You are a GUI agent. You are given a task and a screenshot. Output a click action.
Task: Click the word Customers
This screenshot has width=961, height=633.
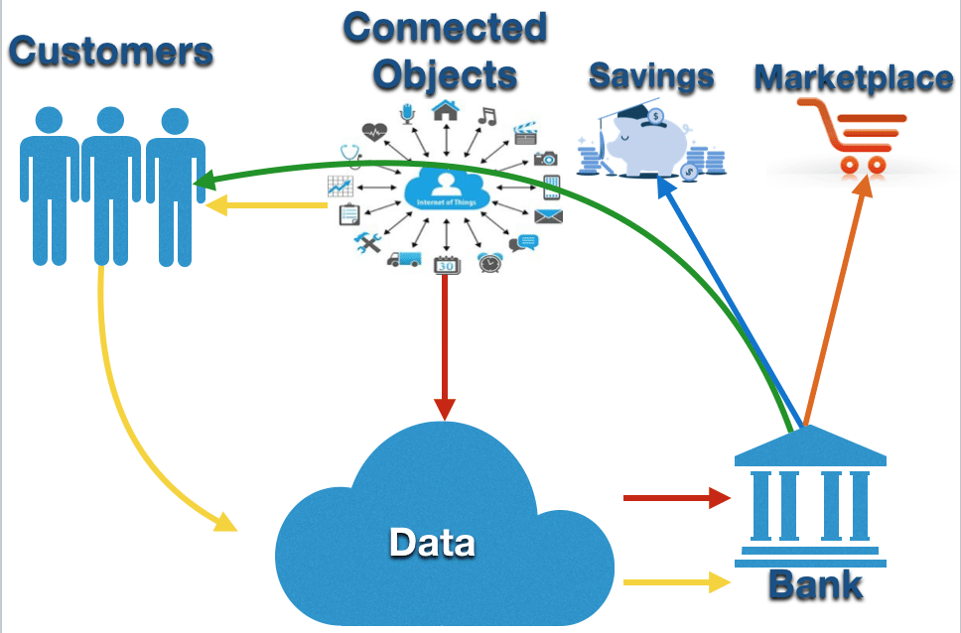(111, 51)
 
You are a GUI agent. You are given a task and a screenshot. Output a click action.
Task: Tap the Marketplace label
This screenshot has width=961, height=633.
(853, 78)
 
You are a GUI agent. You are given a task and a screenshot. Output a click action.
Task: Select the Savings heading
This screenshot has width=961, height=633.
(650, 76)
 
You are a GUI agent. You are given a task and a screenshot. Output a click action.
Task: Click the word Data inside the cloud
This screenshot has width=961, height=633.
(431, 543)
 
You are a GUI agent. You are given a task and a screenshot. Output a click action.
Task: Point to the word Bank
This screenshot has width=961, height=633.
(815, 585)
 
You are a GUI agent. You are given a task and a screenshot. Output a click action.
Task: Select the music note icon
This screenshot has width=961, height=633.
(486, 115)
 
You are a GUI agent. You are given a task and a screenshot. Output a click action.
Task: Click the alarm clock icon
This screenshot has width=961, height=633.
(488, 262)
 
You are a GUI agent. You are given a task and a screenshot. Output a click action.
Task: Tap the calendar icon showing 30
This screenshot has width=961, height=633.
(446, 264)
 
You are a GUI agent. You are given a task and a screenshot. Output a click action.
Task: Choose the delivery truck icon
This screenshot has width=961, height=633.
(403, 259)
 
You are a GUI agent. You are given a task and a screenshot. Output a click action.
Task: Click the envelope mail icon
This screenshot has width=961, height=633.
(548, 216)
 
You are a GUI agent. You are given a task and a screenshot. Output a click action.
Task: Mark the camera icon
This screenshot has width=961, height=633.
(546, 158)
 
